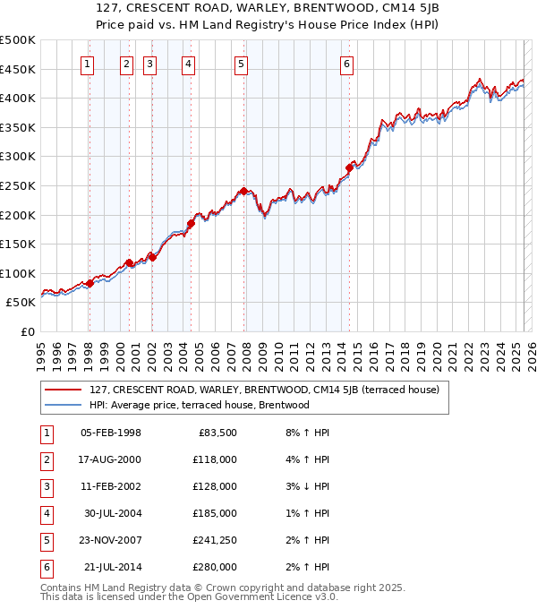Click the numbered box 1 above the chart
87,64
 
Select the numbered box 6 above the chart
346,64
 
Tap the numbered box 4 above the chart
189,64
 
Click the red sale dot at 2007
243,191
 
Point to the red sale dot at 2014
349,167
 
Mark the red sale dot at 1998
89,283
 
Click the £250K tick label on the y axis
18,185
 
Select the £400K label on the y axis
18,98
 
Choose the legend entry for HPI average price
199,405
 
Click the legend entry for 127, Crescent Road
263,390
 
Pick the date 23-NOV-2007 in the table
112,540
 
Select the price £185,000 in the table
215,513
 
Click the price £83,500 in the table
217,433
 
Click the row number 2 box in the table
45,459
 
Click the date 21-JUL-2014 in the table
113,567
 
